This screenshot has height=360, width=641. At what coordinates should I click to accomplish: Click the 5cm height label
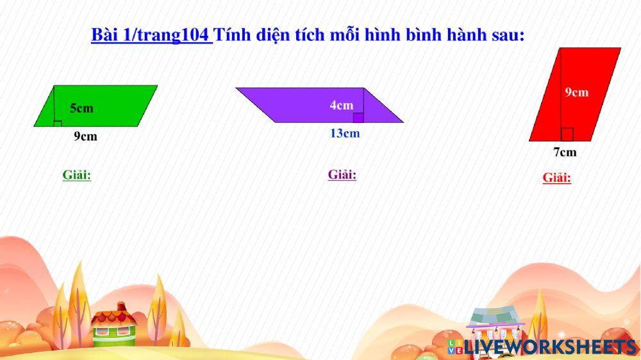[x=81, y=108]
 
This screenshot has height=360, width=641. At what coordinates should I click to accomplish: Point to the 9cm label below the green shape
[x=85, y=136]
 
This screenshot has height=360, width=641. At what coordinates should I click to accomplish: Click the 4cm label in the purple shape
[x=341, y=105]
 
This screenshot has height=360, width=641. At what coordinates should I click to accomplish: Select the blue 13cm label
[x=345, y=133]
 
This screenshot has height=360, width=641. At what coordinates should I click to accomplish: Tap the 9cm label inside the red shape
[x=576, y=92]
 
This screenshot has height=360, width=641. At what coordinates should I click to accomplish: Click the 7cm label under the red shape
[x=565, y=152]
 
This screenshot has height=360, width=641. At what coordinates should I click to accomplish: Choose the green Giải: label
[x=76, y=175]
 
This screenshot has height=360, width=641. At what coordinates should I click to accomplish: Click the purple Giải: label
[x=342, y=174]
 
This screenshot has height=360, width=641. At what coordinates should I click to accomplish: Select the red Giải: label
[x=556, y=178]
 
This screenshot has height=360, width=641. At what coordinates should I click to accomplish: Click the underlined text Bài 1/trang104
[x=151, y=35]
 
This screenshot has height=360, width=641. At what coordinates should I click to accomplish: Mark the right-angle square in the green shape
[x=58, y=123]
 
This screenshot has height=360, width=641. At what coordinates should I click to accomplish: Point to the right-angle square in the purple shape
[x=358, y=117]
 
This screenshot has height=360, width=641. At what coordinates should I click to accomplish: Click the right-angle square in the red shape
[x=567, y=135]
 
